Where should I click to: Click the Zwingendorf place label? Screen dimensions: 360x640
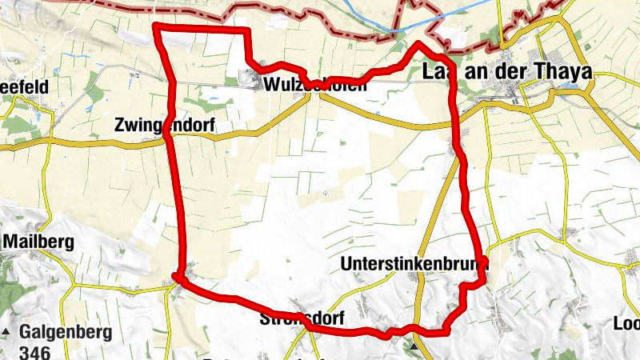(165, 125)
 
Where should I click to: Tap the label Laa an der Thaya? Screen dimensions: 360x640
(506, 72)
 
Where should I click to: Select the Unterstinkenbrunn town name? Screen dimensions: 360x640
(413, 263)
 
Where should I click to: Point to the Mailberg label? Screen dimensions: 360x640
(38, 241)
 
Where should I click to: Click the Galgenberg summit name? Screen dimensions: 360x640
(66, 331)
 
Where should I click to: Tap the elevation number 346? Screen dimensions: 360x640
(35, 352)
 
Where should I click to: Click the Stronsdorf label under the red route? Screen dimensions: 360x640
(302, 318)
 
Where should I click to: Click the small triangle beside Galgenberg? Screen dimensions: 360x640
(7, 331)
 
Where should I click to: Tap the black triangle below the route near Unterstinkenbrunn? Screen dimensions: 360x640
(414, 348)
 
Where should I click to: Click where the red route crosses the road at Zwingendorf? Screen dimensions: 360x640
(168, 137)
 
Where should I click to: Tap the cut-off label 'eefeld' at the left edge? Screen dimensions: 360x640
(26, 85)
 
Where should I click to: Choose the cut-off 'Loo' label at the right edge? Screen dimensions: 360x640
(626, 324)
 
